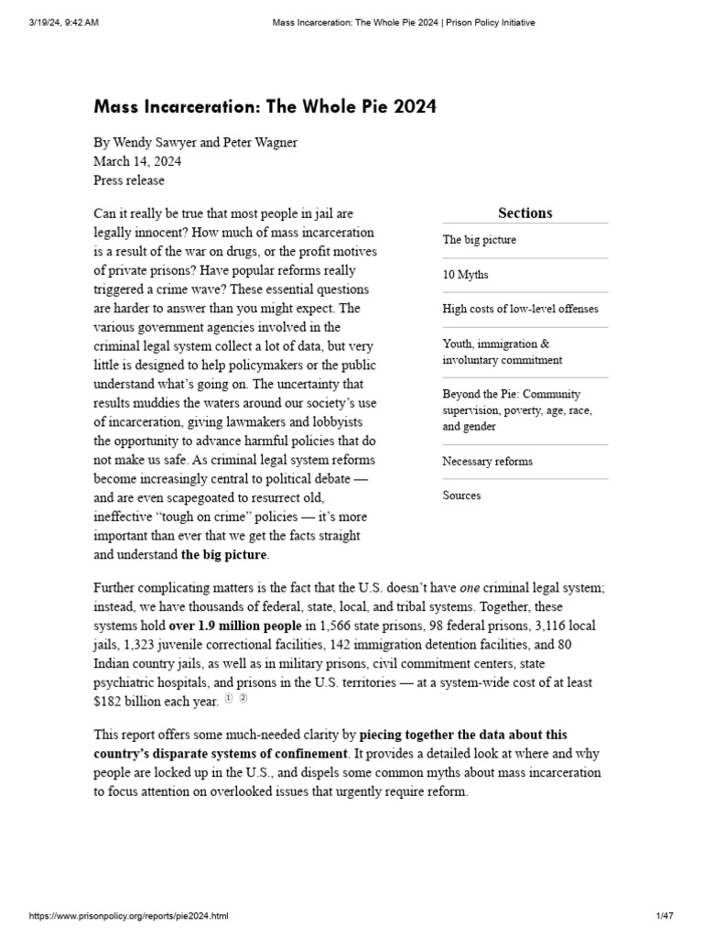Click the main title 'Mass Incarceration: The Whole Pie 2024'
point(265,107)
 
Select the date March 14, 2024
point(137,161)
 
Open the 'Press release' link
point(129,180)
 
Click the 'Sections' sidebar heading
point(525,213)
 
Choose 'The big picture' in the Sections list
point(479,240)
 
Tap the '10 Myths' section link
point(465,275)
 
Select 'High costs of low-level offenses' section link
point(520,309)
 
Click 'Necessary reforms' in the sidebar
point(487,462)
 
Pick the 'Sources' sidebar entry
point(461,496)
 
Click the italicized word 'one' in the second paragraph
point(470,587)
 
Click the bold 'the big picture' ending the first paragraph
point(223,554)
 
